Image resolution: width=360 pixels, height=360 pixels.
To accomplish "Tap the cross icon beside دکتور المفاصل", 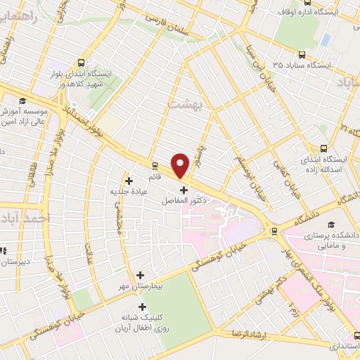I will (x=184, y=189).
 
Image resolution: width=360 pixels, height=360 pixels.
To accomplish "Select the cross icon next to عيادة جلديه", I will (x=129, y=181).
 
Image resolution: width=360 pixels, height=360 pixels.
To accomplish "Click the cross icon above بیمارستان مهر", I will (x=140, y=275).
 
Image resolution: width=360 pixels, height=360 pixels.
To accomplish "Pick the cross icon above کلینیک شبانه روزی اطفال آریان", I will (x=143, y=306).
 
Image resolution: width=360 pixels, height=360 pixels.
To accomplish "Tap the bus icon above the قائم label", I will (x=155, y=165).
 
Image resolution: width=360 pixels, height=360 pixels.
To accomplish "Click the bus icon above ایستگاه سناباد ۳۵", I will (x=302, y=54).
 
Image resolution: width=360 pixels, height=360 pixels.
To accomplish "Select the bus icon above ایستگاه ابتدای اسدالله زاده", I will (x=324, y=148).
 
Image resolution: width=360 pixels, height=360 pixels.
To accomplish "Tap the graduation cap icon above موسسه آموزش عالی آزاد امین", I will (x=22, y=101).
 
